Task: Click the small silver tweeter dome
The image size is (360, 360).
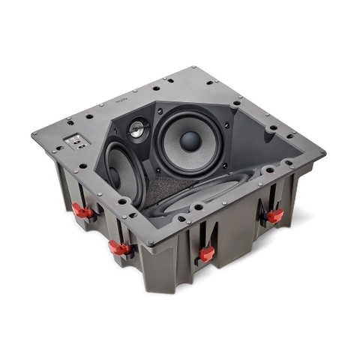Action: tap(137, 130)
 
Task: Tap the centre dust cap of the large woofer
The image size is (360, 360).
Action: tap(190, 140)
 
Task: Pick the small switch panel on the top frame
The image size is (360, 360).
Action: tap(75, 140)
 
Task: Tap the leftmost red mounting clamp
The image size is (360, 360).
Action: tap(85, 211)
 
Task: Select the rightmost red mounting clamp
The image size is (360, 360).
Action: tap(275, 216)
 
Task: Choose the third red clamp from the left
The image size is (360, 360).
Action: tap(206, 253)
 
